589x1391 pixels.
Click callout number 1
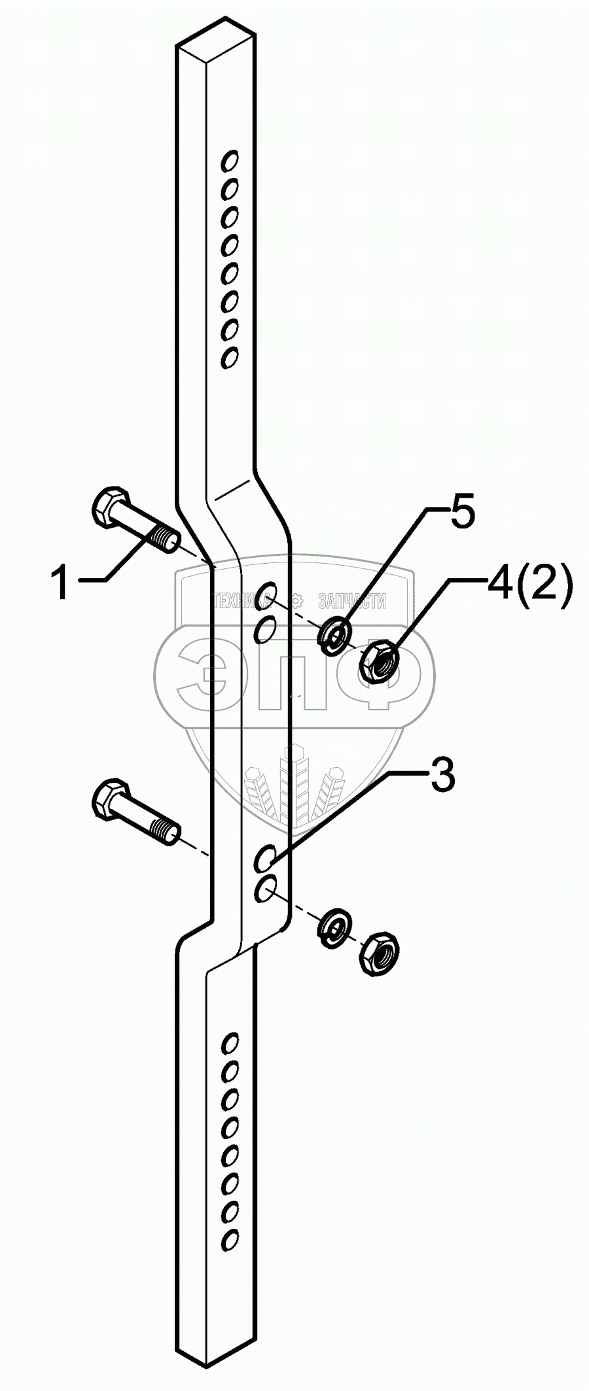[x=62, y=584]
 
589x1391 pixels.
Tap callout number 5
[x=461, y=515]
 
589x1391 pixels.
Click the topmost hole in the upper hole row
[x=230, y=160]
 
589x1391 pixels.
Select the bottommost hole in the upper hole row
[x=229, y=358]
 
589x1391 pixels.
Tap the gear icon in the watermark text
[x=296, y=599]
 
